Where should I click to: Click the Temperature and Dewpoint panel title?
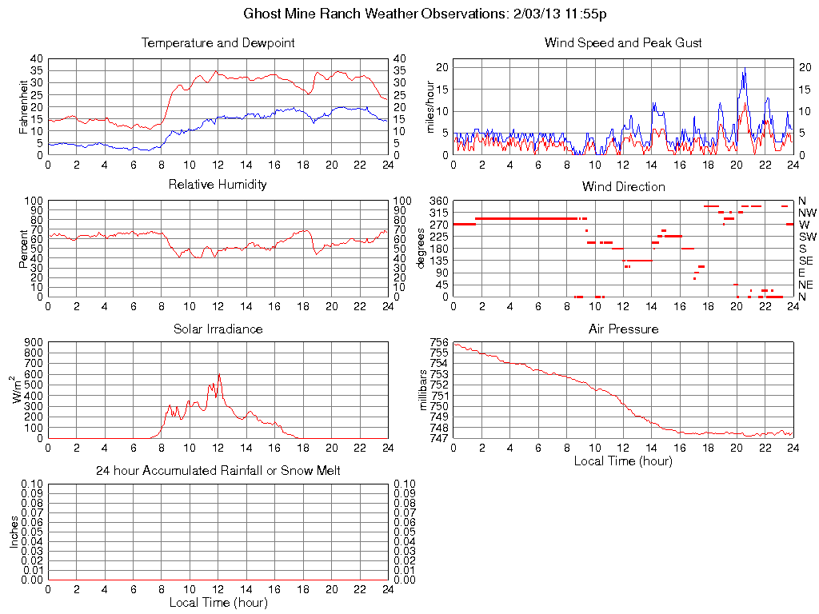[x=218, y=42]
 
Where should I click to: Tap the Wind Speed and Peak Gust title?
[x=623, y=42]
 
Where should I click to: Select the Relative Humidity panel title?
[x=218, y=185]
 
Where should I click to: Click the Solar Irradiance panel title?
[x=218, y=329]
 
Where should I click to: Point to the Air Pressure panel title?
[x=623, y=329]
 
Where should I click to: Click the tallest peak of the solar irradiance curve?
[x=219, y=374]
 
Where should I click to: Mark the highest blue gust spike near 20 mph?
[x=745, y=69]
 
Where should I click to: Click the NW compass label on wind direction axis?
[x=807, y=213]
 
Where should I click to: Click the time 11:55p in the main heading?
[x=592, y=14]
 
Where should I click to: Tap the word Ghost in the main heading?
[x=261, y=14]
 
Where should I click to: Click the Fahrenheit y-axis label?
[x=23, y=106]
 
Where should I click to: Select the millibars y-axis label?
[x=425, y=390]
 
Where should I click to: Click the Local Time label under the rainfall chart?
[x=218, y=602]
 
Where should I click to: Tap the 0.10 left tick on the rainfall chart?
[x=32, y=484]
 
